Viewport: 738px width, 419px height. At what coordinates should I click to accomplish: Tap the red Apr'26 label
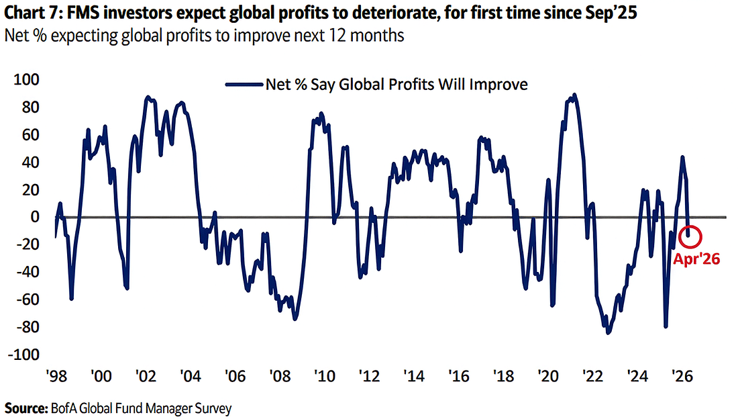click(x=696, y=259)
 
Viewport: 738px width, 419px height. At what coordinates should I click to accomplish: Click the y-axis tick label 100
click(x=30, y=80)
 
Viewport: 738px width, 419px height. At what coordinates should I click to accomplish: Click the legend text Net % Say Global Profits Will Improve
click(x=397, y=85)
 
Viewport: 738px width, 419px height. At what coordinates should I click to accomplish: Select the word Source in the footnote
click(x=22, y=408)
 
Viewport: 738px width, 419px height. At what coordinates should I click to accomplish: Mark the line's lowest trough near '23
click(x=609, y=332)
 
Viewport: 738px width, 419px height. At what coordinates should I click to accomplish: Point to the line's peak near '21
click(x=574, y=95)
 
